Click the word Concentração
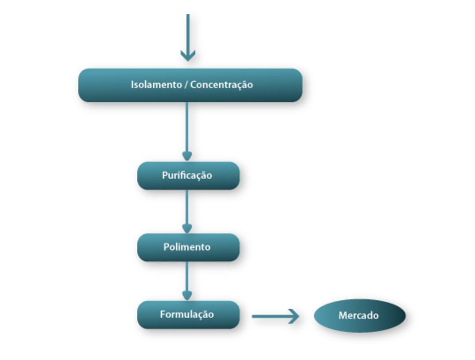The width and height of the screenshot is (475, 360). (222, 84)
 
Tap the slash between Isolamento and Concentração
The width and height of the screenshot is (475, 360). (186, 85)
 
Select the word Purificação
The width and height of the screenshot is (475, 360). (187, 176)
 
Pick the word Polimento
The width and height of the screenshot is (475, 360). (187, 247)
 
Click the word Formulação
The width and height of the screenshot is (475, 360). (187, 315)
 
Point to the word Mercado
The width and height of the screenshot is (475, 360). (358, 316)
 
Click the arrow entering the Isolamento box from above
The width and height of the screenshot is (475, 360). (188, 35)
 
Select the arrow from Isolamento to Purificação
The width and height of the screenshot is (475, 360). (187, 130)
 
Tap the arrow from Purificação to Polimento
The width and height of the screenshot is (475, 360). (187, 209)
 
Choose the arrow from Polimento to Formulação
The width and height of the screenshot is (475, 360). (187, 279)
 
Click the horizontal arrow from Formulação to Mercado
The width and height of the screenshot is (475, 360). (273, 316)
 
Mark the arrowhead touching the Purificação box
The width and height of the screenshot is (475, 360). (187, 156)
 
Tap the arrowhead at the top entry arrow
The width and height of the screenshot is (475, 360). (188, 55)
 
